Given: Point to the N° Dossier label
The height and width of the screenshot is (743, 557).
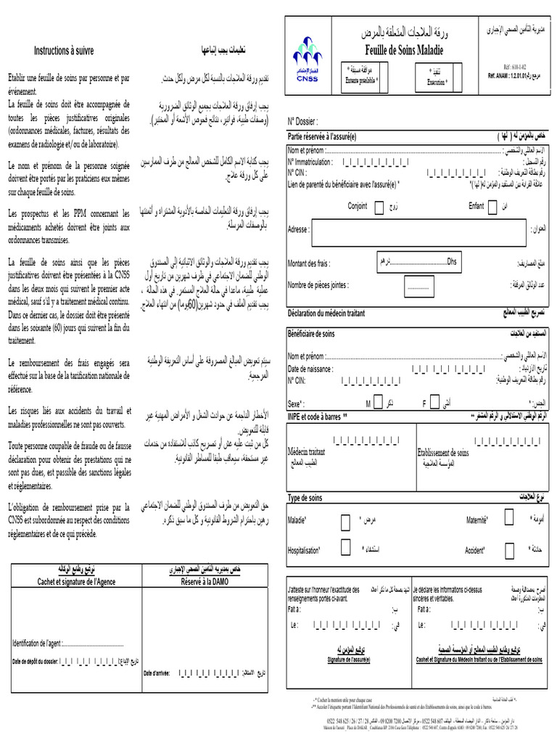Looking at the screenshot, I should tap(303, 121).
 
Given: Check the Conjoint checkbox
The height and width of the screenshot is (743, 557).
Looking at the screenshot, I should tap(379, 208).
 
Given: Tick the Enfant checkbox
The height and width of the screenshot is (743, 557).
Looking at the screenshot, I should tap(493, 208).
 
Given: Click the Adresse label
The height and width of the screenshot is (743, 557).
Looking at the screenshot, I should tap(300, 229).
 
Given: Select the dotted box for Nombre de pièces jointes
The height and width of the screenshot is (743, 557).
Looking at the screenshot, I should tap(418, 287).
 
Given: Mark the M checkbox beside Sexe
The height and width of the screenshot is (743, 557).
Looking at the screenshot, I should tap(379, 403).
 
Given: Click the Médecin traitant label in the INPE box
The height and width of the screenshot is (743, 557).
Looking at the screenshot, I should tap(307, 452).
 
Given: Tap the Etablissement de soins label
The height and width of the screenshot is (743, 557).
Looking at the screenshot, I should tap(442, 453).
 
